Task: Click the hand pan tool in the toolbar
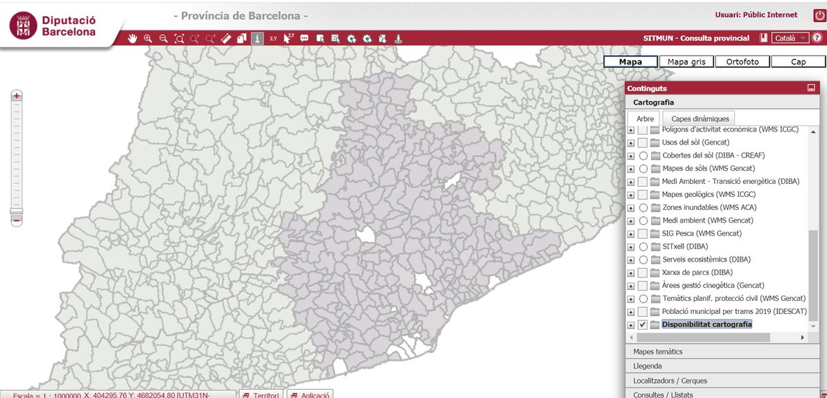(x=133, y=39)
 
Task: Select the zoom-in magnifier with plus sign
(x=148, y=39)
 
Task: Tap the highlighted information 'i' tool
(x=257, y=39)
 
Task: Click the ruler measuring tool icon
(x=225, y=39)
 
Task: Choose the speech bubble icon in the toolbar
(x=304, y=39)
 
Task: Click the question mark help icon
(x=817, y=39)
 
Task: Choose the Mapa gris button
(x=686, y=61)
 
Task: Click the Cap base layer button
(x=798, y=61)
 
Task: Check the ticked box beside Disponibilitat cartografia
(x=642, y=324)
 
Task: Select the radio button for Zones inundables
(x=643, y=207)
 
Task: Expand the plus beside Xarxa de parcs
(x=631, y=273)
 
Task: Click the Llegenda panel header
(x=648, y=366)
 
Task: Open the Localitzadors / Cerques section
(x=670, y=381)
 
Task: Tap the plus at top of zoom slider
(x=17, y=96)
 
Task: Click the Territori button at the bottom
(x=260, y=395)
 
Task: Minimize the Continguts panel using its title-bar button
(x=811, y=88)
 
